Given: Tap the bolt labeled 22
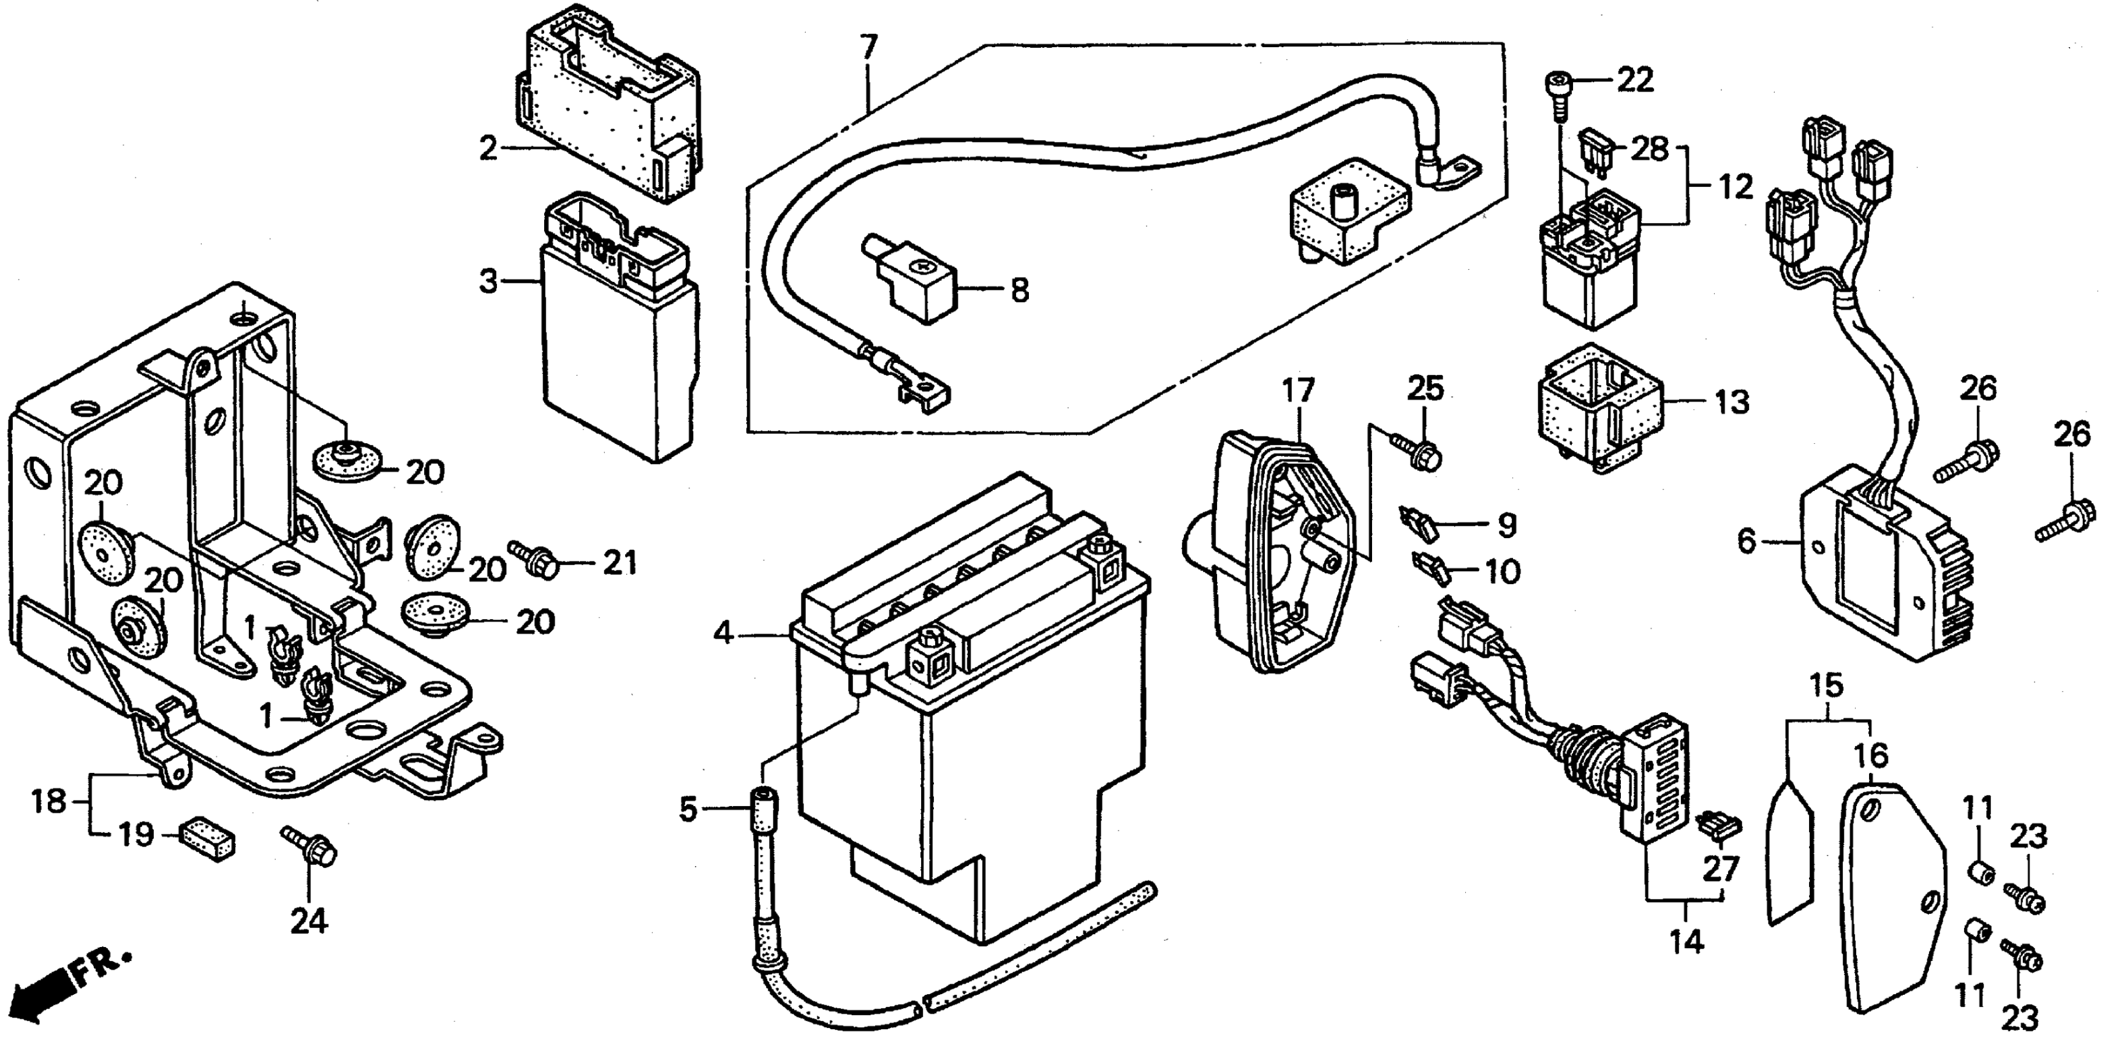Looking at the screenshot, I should click(x=1558, y=94).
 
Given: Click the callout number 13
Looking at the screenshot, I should click(x=1732, y=402).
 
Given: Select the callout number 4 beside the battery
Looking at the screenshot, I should click(x=723, y=633).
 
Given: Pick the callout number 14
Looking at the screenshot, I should click(x=1686, y=941).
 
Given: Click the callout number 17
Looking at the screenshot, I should click(x=1298, y=390).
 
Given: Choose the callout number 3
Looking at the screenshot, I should click(x=488, y=282).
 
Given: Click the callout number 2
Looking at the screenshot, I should click(x=488, y=149).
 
